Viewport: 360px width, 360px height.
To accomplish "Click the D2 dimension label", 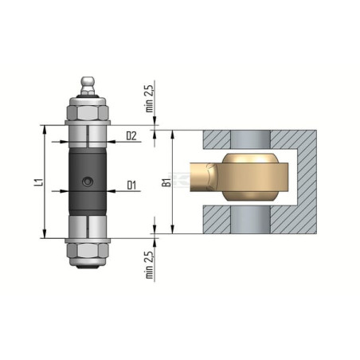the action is click(131, 135).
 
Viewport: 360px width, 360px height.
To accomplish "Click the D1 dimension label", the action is click(131, 185).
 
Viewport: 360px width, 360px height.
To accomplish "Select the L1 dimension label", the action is click(40, 182).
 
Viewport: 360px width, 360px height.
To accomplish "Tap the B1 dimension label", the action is click(166, 182).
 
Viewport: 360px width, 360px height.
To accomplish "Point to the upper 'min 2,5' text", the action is click(150, 99).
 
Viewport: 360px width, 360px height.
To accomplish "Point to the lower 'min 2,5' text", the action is click(150, 264).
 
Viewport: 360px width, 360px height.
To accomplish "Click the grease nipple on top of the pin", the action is click(88, 85).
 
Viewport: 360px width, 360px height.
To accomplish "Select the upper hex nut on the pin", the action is click(88, 113).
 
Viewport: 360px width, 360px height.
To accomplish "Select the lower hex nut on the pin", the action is click(88, 250).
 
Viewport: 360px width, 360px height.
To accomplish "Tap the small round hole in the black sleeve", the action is click(88, 182).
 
